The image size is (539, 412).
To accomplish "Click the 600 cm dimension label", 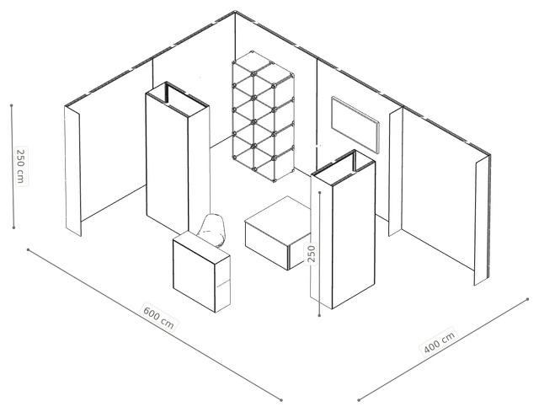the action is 159,317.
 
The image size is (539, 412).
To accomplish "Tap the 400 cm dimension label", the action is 440,342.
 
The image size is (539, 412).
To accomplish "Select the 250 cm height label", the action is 21,166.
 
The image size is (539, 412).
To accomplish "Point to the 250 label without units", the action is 312,254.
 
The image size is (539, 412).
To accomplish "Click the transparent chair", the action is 213,230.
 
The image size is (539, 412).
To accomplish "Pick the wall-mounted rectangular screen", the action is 355,125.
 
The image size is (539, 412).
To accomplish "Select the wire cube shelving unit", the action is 264,116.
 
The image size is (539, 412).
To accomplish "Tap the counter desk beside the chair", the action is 201,271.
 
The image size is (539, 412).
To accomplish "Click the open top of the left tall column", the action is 178,99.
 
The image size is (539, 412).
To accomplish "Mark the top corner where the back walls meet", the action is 235,11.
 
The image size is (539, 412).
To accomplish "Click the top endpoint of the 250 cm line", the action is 11,105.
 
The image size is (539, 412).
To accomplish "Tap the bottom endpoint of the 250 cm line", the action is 13,227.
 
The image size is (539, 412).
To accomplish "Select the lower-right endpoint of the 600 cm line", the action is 281,400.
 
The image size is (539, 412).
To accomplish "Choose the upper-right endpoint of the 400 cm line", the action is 528,299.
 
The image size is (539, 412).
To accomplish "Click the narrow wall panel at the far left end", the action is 73,171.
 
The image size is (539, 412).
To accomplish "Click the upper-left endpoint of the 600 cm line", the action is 28,249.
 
